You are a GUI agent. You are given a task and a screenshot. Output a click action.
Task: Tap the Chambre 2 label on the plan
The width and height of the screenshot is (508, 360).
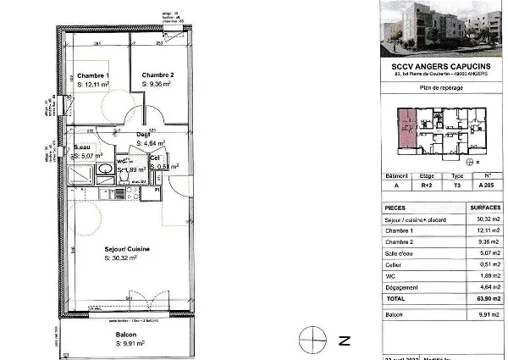pos(158,75)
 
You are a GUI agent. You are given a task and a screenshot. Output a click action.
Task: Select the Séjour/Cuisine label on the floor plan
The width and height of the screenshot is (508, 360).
pos(128,248)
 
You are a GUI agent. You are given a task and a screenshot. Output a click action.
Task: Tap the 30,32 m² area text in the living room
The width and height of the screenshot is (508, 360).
pos(122,257)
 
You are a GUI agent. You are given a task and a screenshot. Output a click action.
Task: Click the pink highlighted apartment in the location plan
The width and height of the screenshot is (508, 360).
pos(406,127)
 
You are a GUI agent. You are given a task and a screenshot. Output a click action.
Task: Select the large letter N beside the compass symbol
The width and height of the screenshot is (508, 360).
pos(345,341)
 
